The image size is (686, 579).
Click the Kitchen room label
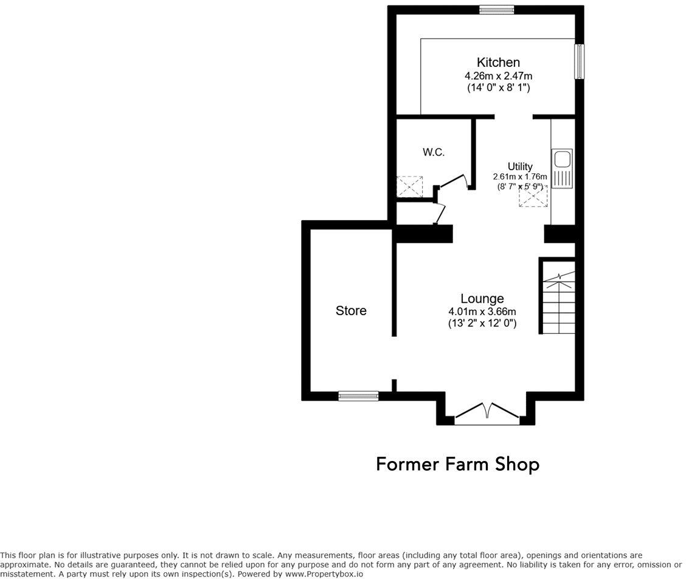click(498, 62)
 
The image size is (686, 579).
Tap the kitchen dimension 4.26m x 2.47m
click(498, 76)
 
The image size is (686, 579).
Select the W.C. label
click(434, 153)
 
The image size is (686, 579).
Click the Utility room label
click(520, 166)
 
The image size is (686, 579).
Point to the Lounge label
click(482, 299)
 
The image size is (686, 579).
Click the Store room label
click(351, 311)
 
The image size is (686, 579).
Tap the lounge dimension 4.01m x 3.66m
click(482, 312)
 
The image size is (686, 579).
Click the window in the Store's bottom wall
click(358, 396)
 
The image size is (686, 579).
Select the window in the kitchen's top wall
click(496, 9)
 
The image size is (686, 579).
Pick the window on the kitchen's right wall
click(580, 61)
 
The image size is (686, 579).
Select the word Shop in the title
click(516, 465)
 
